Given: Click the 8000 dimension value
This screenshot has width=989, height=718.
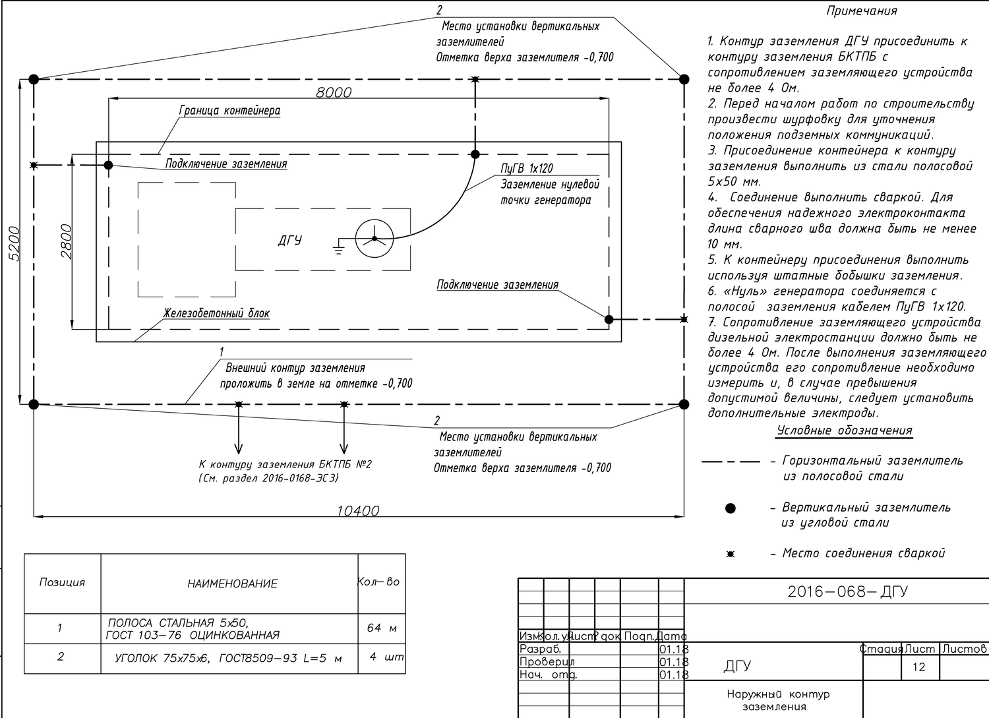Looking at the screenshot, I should tap(334, 92).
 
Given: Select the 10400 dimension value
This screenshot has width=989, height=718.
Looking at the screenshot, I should tap(358, 510).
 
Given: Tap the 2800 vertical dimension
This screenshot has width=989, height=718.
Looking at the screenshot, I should tap(67, 241).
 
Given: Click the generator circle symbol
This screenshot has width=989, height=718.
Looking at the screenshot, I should tap(375, 238).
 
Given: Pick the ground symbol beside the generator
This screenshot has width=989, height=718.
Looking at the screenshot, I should tap(339, 247).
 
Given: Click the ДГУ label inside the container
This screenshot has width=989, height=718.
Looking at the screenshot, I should tap(289, 240).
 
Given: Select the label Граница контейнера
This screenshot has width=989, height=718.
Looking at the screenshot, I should tap(229, 111).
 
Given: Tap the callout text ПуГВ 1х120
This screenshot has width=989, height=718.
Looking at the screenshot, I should tap(527, 169).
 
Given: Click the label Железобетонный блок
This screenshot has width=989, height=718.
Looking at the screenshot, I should tap(216, 313).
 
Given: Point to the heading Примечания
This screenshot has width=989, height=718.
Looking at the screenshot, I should tap(861, 11).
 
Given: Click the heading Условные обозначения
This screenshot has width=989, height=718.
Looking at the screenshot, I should tap(845, 431).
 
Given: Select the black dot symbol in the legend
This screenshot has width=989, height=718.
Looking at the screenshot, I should tap(730, 508).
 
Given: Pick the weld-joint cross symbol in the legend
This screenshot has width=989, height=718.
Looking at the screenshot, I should tap(730, 554).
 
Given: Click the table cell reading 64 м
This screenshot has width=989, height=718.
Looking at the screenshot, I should tap(382, 628).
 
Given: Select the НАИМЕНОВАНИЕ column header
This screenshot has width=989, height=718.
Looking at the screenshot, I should tap(232, 583).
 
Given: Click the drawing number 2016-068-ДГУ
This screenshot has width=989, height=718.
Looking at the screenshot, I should tap(847, 591).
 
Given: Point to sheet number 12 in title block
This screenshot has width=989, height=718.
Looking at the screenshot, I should tap(918, 667).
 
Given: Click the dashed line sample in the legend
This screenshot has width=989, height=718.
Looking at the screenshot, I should tap(731, 462).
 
